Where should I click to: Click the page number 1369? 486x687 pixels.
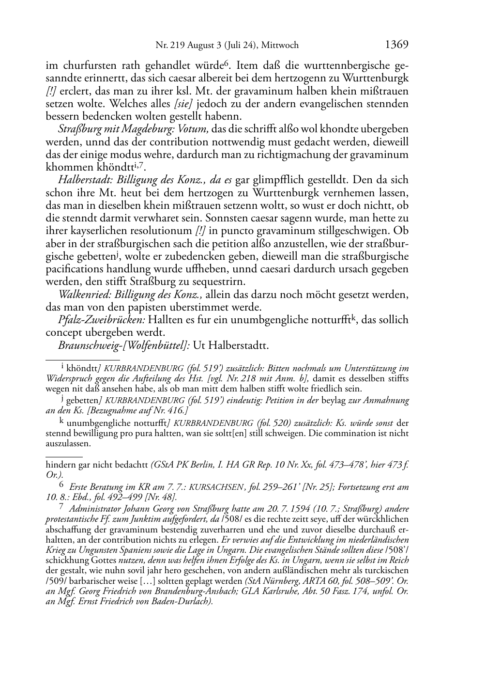(397, 45)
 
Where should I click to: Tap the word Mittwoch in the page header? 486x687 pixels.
(280, 46)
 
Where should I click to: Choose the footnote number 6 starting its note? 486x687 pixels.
(61, 485)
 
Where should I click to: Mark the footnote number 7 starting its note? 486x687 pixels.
(61, 507)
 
